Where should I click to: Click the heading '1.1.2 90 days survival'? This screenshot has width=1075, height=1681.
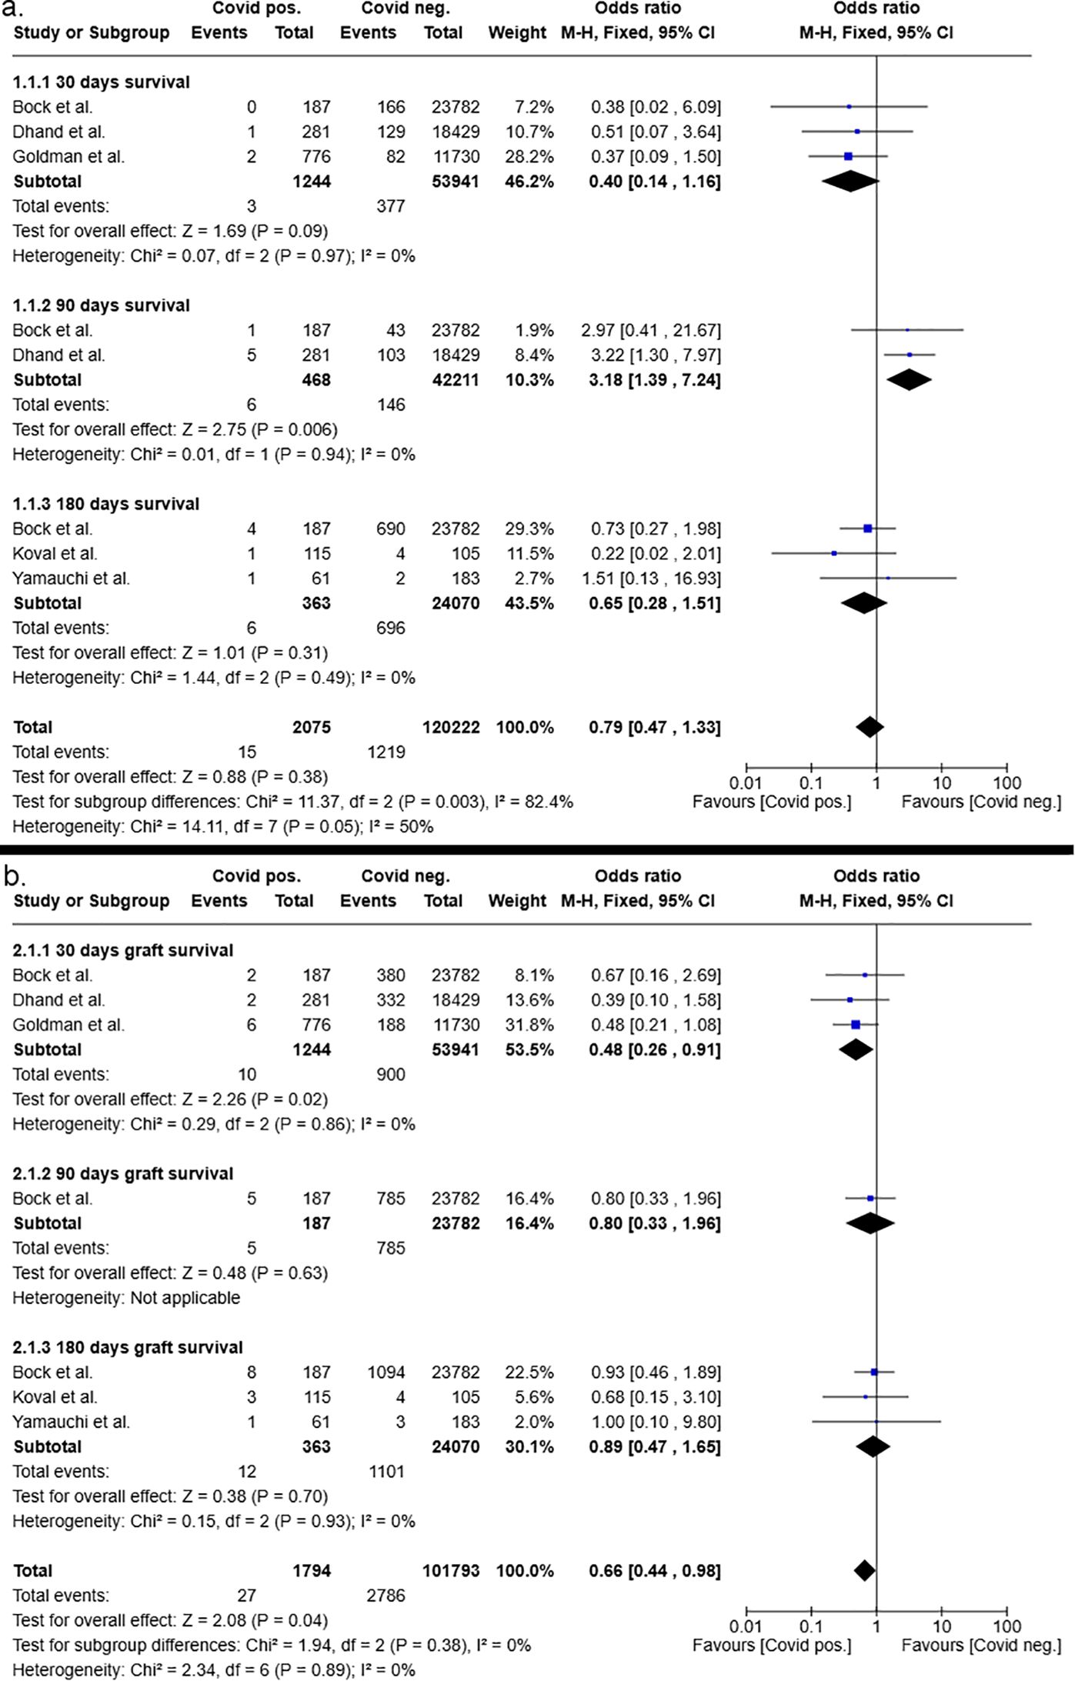[101, 305]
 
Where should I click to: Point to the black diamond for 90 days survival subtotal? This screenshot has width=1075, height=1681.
[909, 380]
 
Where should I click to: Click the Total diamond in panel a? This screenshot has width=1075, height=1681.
[870, 727]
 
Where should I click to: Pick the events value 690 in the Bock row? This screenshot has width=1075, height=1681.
[390, 529]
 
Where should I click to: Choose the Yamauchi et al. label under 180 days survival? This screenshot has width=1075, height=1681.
[71, 578]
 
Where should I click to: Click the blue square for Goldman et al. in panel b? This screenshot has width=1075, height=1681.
[855, 1024]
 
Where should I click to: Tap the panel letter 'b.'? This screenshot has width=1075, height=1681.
[15, 876]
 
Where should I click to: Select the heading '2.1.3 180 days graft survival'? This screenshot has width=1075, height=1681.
[128, 1347]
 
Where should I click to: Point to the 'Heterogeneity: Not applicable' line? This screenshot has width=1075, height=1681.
[126, 1297]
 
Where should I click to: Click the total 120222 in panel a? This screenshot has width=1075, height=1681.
[451, 727]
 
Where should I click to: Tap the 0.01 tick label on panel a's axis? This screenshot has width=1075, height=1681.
[746, 783]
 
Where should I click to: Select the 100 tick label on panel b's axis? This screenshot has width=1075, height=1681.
[1007, 1626]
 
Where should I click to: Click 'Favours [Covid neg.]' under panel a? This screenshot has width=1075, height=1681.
[981, 802]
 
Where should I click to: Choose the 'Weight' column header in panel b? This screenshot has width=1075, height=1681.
[517, 901]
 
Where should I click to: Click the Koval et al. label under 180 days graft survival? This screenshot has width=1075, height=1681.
[55, 1396]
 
